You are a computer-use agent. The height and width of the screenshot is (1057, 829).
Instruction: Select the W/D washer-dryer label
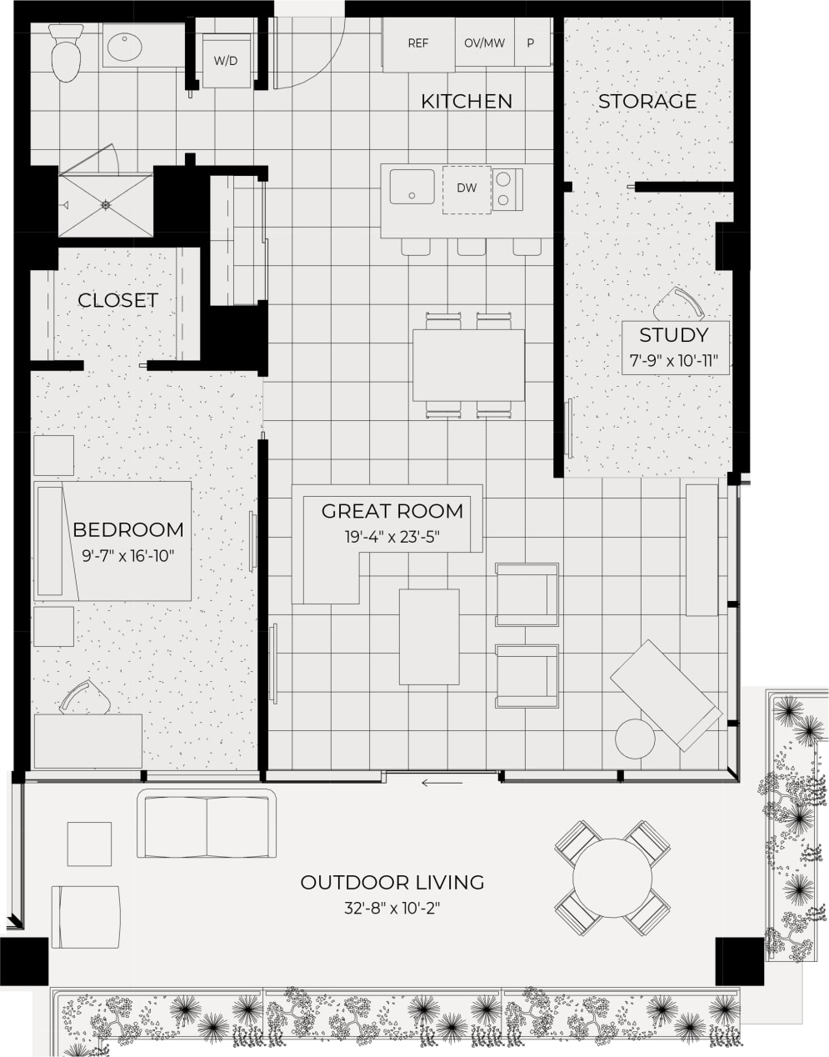(x=225, y=61)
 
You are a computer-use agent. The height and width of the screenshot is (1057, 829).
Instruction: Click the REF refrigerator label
(x=418, y=43)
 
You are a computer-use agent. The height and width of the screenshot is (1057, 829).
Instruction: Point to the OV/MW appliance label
(x=484, y=43)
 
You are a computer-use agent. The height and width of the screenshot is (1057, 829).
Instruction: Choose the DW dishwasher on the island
(x=467, y=188)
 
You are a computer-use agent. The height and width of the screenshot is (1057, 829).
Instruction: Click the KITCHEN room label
(x=466, y=102)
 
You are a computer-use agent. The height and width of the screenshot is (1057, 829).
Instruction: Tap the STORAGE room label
(x=647, y=102)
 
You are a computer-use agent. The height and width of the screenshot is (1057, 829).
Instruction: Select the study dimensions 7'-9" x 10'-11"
(x=674, y=362)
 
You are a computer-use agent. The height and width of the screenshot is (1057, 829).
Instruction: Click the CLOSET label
(x=117, y=300)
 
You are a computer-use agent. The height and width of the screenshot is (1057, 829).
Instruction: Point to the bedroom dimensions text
(x=127, y=556)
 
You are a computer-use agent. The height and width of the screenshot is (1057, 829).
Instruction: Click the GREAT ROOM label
(x=392, y=511)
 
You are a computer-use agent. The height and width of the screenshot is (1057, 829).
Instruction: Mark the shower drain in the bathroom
(x=106, y=204)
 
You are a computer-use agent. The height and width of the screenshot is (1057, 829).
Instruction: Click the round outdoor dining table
(x=613, y=879)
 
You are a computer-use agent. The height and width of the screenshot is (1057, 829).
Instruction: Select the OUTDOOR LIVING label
(x=392, y=882)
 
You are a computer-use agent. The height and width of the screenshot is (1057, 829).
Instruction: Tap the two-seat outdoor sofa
(x=207, y=825)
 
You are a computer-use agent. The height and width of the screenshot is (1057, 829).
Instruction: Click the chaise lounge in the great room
(x=667, y=694)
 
